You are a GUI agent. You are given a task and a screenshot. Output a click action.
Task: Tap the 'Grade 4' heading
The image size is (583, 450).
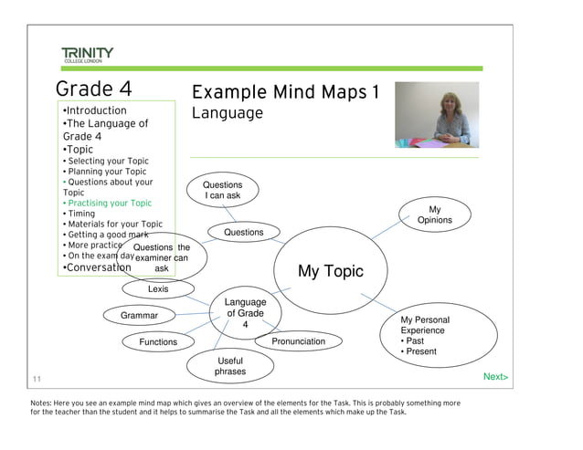tap(94, 89)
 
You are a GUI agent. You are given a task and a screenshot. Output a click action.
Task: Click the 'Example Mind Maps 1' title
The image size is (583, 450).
tap(284, 93)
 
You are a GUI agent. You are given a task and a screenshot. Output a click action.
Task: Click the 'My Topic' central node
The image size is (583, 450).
tap(330, 271)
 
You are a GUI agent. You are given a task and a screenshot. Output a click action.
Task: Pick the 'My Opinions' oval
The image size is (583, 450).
tap(434, 215)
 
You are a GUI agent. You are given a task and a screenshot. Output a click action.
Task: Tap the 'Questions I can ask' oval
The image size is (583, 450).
tap(222, 190)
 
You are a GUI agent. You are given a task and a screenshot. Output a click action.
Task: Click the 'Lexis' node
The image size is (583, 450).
tap(158, 289)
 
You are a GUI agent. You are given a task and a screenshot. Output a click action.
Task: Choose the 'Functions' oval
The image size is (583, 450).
tap(158, 342)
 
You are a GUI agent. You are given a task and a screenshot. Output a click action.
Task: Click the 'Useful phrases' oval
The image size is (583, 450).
tap(230, 366)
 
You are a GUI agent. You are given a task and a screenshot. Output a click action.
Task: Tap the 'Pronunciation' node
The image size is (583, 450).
tap(298, 341)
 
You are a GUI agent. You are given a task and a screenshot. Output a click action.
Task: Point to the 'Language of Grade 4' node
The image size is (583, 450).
tap(244, 313)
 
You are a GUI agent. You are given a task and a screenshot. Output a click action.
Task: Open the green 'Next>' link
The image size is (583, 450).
tap(495, 376)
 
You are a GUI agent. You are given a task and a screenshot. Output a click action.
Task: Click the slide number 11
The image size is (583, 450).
tap(37, 379)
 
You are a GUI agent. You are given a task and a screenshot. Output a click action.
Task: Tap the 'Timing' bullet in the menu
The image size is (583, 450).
tap(81, 214)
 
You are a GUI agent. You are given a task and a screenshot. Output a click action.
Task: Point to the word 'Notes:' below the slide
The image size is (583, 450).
tap(42, 403)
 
